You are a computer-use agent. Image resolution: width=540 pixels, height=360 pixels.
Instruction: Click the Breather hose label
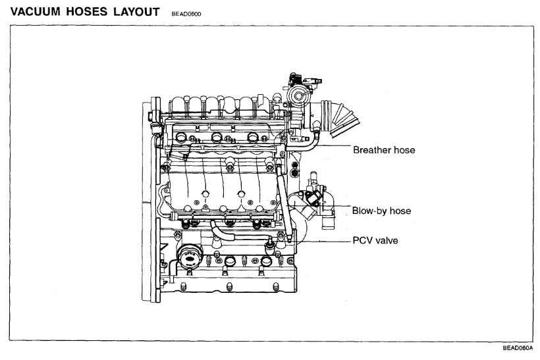click(x=384, y=150)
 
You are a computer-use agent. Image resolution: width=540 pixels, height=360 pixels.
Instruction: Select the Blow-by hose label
click(x=382, y=211)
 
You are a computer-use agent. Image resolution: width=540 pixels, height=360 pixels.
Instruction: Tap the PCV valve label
click(x=375, y=240)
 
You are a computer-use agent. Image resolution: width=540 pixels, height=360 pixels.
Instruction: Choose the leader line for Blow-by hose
click(x=336, y=211)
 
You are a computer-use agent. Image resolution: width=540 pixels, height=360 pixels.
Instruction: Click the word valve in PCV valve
click(x=386, y=240)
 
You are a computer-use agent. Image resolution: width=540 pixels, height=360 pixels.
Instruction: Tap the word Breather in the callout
click(x=373, y=150)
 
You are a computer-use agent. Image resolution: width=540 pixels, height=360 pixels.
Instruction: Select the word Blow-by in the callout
click(x=371, y=211)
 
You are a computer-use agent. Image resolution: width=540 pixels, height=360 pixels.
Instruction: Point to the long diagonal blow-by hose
click(x=283, y=201)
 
